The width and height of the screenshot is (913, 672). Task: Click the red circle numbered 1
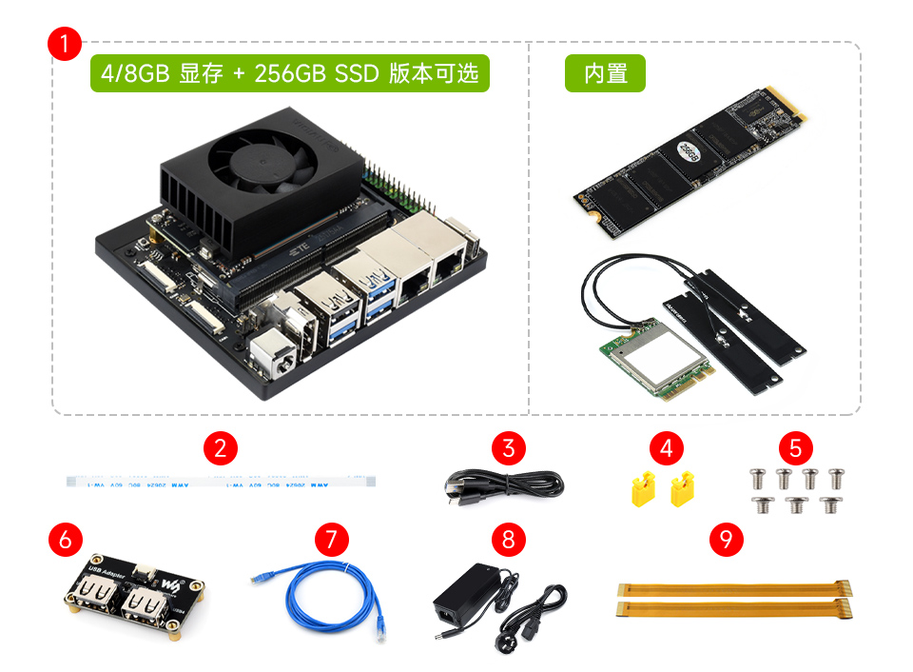tap(64, 45)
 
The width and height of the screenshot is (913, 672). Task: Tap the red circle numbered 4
tap(666, 446)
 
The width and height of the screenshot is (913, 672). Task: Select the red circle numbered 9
tap(727, 540)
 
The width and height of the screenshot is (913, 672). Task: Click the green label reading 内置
tap(605, 73)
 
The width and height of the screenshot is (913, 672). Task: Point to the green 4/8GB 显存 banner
tap(289, 73)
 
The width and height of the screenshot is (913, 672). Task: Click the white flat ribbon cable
tap(218, 482)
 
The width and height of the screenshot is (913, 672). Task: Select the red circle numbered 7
tap(330, 540)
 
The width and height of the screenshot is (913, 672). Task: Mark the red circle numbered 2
tap(220, 446)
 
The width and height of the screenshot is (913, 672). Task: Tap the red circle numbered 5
tap(795, 446)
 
